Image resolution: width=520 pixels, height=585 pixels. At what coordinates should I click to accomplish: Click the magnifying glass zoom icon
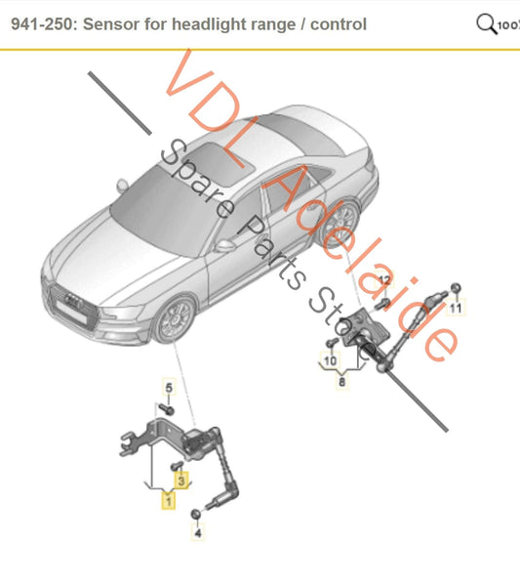486,22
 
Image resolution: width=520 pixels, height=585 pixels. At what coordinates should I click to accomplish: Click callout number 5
167,389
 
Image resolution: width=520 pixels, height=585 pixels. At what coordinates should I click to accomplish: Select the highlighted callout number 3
180,480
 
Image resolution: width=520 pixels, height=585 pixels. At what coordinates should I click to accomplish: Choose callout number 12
384,280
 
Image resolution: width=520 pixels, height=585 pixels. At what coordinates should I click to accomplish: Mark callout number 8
341,384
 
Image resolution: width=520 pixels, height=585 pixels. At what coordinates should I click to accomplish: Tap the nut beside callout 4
197,514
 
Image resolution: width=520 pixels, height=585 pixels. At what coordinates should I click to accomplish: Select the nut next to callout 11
457,288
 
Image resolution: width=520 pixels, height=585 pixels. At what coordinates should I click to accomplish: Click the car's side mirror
225,245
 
